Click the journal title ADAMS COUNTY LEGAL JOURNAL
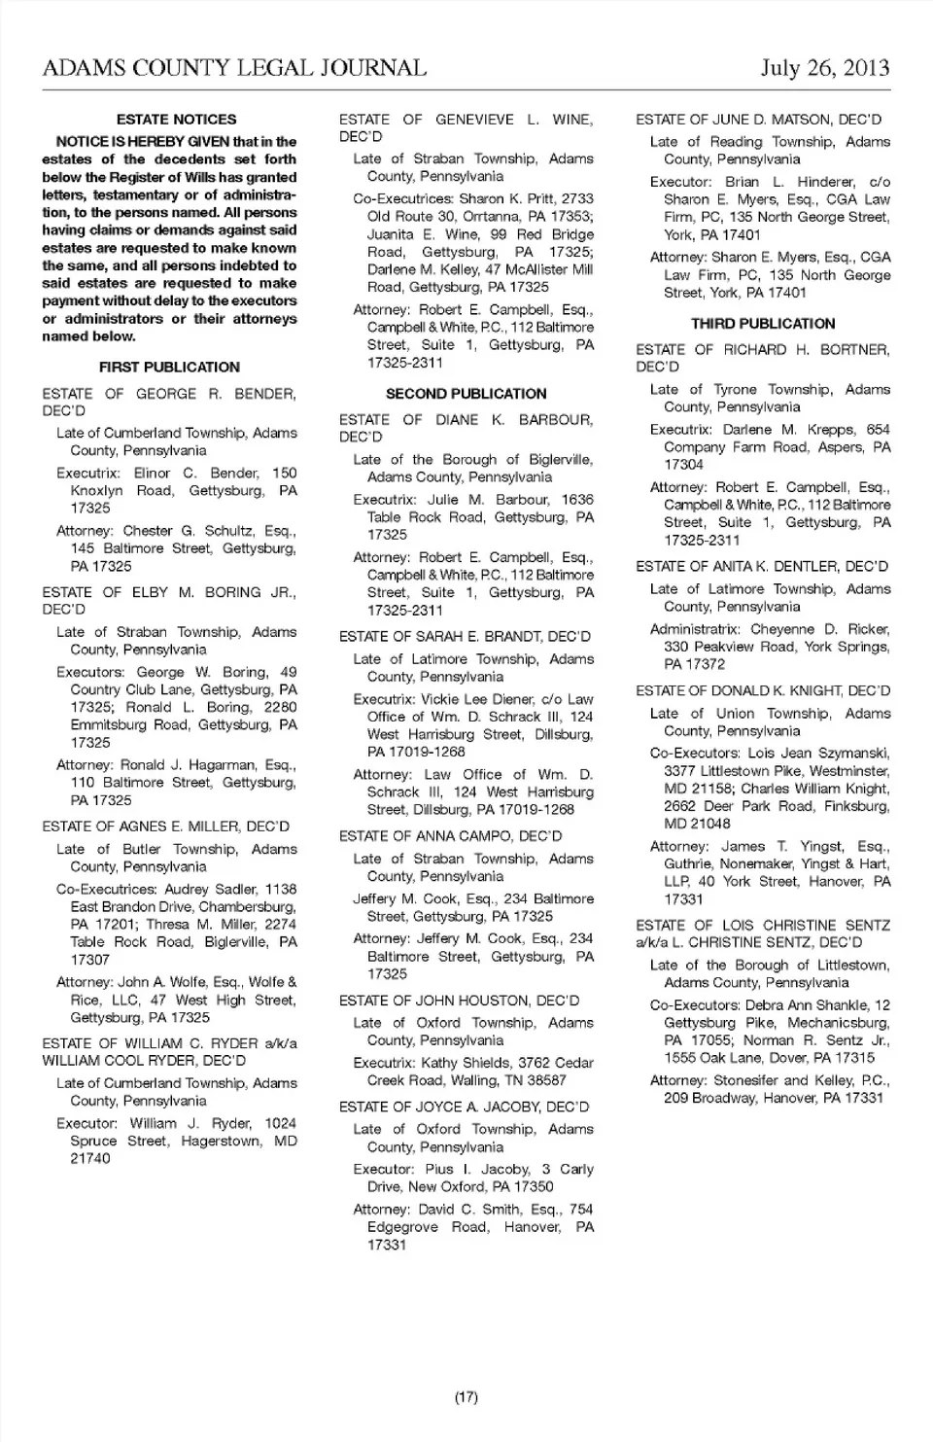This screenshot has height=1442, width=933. [234, 68]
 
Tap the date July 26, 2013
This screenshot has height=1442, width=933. [824, 68]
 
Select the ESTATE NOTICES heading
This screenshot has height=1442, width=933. [176, 120]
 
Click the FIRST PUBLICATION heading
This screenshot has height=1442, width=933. [169, 368]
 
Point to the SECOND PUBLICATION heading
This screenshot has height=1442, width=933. [466, 394]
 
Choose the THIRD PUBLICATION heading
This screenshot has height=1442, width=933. [763, 324]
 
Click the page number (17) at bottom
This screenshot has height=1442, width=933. [466, 1397]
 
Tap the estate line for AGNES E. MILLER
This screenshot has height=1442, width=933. [166, 827]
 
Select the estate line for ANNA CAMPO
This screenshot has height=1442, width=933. [450, 836]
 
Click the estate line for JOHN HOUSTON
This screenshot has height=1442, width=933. [459, 1001]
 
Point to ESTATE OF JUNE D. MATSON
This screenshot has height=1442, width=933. [758, 120]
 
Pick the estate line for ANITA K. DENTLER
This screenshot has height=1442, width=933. [762, 567]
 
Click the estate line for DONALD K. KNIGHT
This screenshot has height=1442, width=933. [763, 691]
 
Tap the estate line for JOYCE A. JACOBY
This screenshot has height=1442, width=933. [464, 1108]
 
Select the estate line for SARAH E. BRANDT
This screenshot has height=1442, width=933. [465, 637]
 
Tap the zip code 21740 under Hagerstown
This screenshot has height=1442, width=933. [90, 1159]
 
